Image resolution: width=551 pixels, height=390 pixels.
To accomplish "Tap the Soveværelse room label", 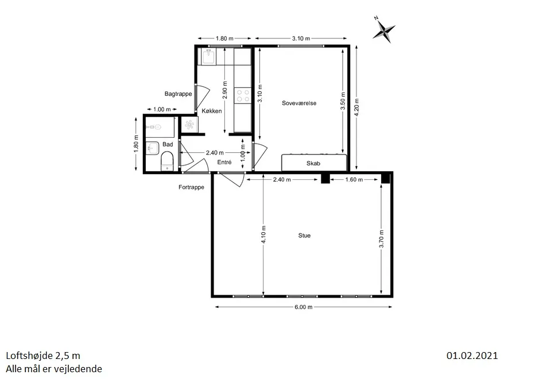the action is (x=299, y=103).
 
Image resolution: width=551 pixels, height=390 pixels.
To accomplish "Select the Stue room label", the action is (x=304, y=235).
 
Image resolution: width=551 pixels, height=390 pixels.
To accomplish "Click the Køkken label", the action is (x=212, y=111).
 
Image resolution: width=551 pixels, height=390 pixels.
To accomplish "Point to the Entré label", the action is (x=224, y=162).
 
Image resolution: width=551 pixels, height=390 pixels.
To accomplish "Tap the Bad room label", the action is (x=168, y=144).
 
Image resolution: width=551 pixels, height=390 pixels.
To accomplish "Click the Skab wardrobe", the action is (x=314, y=163).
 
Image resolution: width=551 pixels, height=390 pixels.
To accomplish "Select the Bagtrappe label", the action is (x=178, y=94).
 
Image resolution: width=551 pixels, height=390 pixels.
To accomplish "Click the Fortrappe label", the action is (x=191, y=187).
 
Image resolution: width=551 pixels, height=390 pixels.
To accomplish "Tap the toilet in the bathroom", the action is (x=167, y=161).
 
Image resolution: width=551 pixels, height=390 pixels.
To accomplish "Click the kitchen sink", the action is (x=209, y=56).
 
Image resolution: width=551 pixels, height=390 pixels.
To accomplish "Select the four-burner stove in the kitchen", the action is (x=243, y=95).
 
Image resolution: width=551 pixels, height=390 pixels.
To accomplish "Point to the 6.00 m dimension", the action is (x=304, y=307).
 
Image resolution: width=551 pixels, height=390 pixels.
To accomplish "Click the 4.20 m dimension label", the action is (x=356, y=107).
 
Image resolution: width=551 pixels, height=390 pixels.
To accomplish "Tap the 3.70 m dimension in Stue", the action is (x=382, y=239).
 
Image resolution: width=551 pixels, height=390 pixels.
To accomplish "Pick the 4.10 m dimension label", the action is (x=263, y=234).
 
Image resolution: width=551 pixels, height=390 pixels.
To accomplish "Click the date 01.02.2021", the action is (x=472, y=356).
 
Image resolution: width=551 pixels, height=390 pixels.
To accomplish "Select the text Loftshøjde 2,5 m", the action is (x=43, y=356).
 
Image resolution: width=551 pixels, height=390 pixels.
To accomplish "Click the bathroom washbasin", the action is (x=152, y=148).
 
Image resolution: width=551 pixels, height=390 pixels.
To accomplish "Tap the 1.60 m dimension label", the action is (x=354, y=180).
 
